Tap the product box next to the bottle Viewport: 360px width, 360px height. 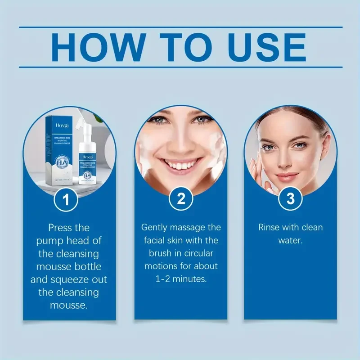(58, 148)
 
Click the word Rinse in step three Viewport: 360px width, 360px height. (269, 227)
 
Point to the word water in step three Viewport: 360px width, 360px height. (290, 240)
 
